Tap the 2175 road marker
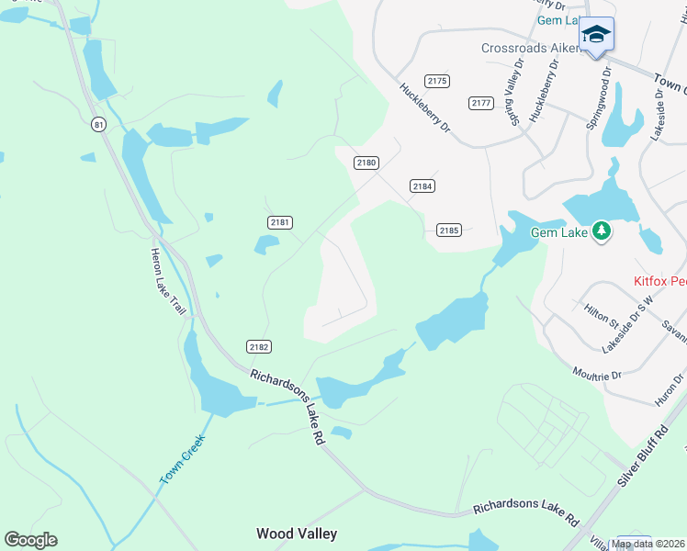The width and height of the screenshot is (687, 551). [x=437, y=82]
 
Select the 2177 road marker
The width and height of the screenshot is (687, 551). [x=480, y=103]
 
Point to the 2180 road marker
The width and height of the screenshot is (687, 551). [x=366, y=163]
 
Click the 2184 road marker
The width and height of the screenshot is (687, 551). [x=422, y=186]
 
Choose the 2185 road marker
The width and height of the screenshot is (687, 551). [x=448, y=231]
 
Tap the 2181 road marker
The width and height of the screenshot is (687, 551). [x=280, y=222]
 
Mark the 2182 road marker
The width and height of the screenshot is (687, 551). [x=259, y=346]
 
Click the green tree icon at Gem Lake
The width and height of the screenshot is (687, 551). [x=602, y=231]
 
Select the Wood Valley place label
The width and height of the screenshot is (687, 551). [x=297, y=534]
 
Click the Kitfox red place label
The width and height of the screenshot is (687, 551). [x=659, y=282]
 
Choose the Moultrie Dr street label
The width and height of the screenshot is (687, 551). [x=596, y=375]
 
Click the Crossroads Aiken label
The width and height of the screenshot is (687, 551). [x=531, y=49]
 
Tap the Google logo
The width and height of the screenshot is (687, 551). [x=30, y=540]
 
